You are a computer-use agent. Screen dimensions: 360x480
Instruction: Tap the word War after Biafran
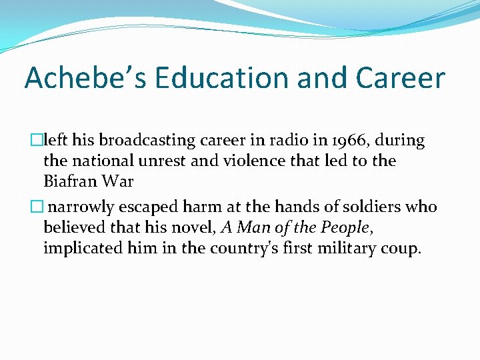point(119,181)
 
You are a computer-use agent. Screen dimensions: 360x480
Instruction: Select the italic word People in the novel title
point(345,227)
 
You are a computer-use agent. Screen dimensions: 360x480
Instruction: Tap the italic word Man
point(251,227)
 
